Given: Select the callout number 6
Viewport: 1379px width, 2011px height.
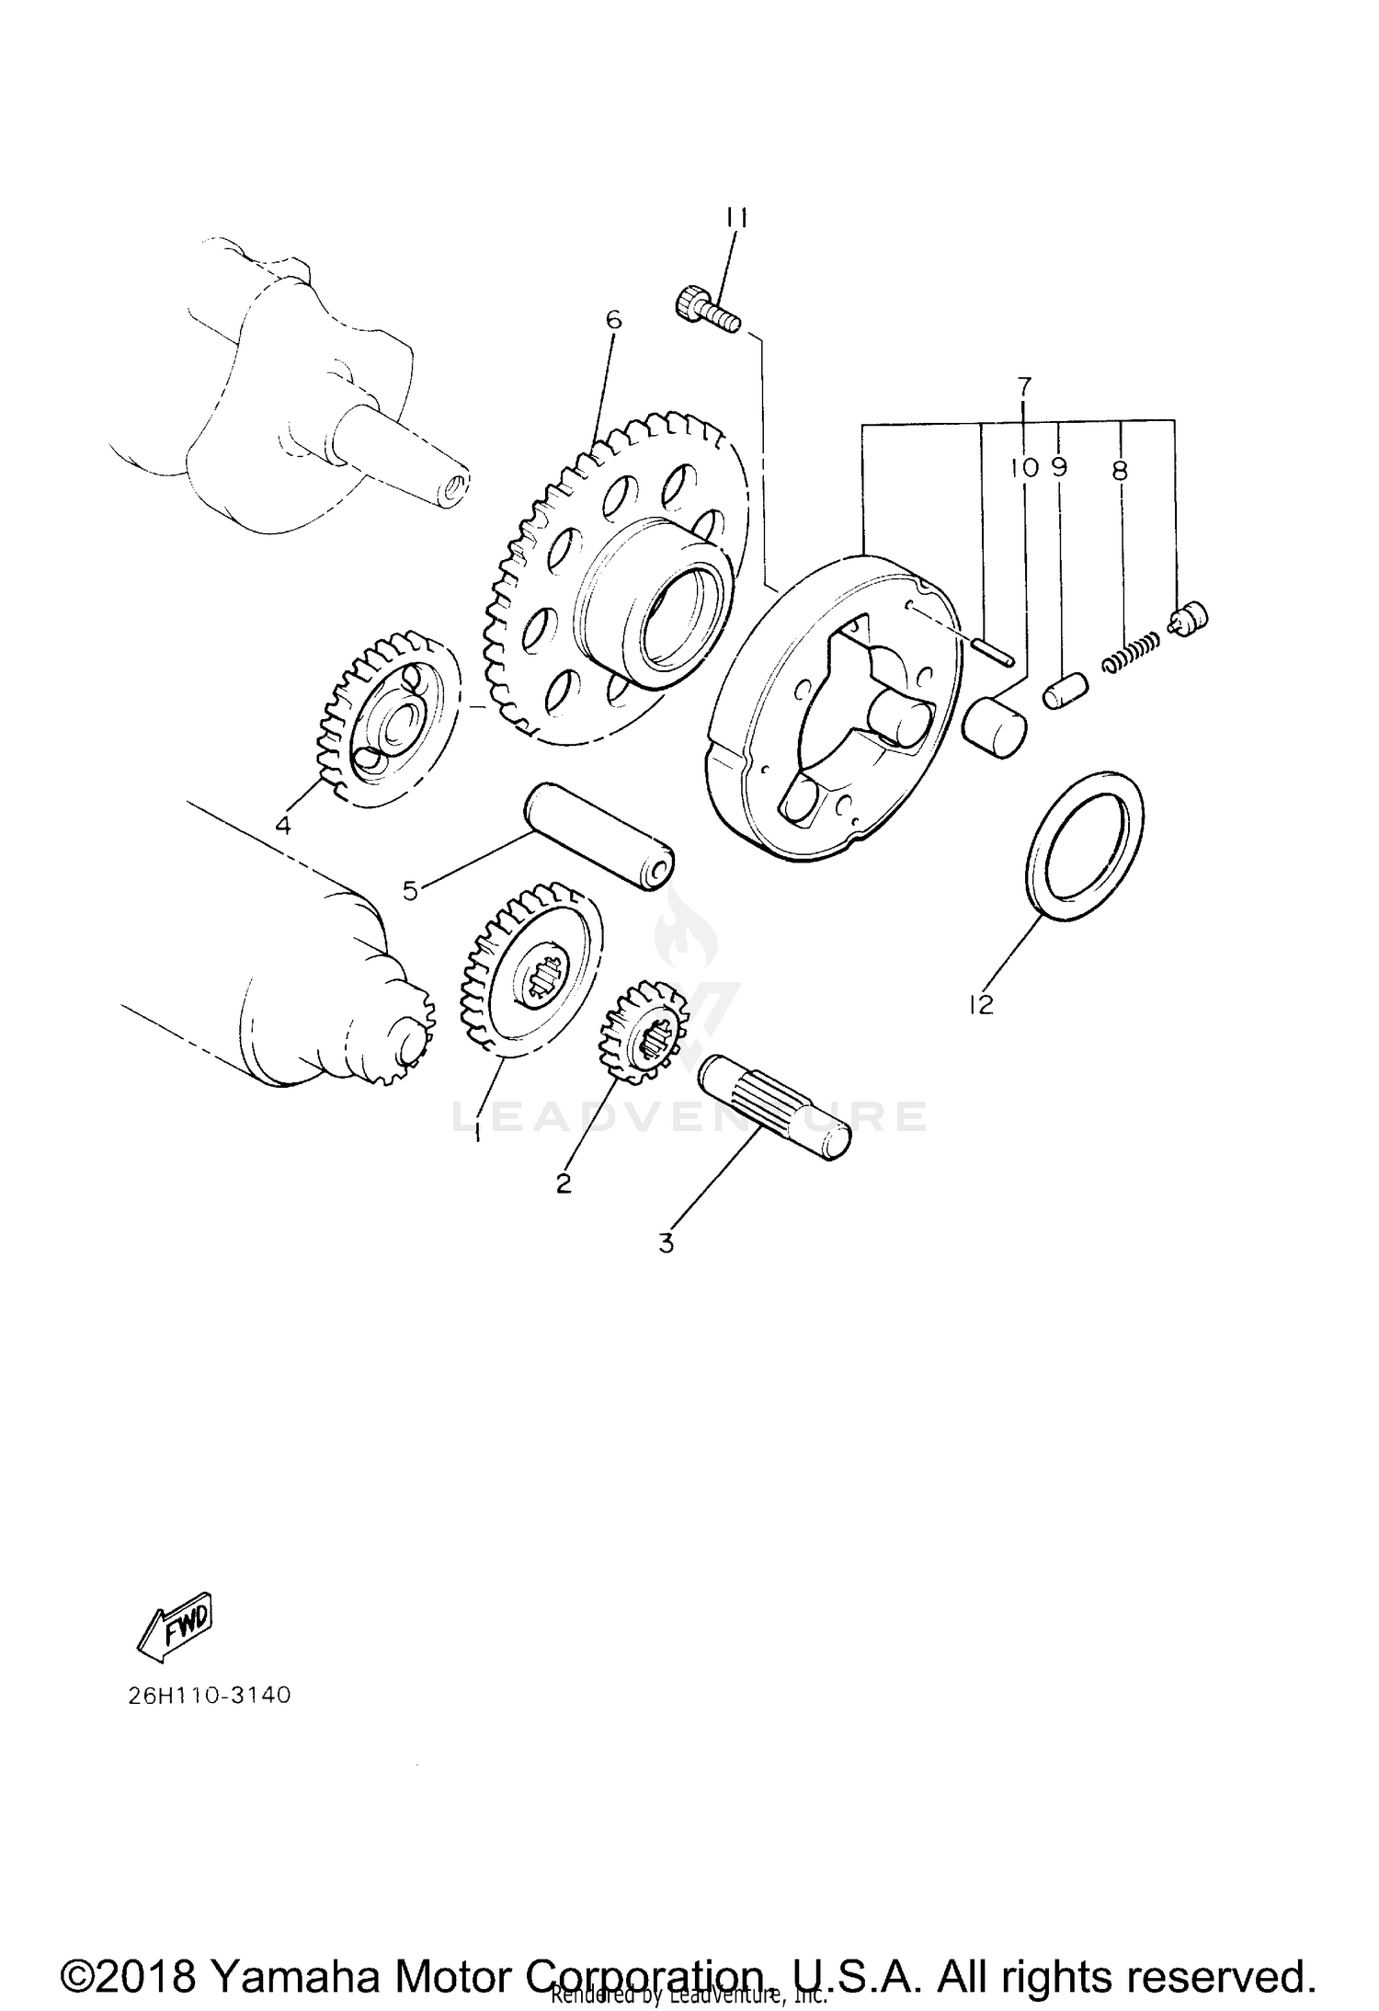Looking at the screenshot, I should pos(613,320).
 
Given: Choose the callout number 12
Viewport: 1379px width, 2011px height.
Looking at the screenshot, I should pos(981,1005).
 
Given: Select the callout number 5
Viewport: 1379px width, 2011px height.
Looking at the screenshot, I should pos(410,889).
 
